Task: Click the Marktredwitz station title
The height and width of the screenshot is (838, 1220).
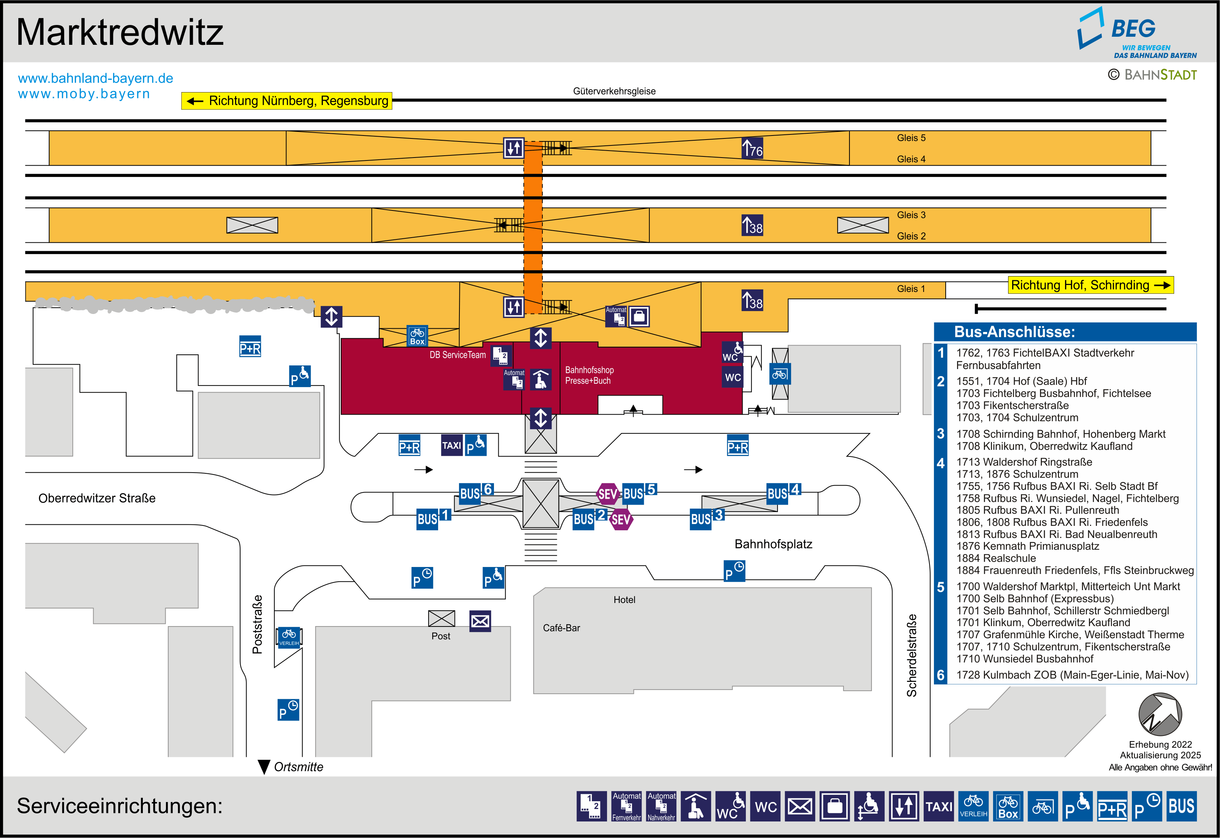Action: (x=120, y=33)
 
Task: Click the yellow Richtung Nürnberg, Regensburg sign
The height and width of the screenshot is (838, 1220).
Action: (x=286, y=101)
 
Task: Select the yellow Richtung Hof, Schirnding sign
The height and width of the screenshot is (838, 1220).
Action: (x=1090, y=285)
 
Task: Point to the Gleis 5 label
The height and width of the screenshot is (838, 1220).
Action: (x=911, y=138)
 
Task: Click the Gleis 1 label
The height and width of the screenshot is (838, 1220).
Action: (x=911, y=289)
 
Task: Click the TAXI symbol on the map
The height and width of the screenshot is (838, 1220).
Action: (x=451, y=445)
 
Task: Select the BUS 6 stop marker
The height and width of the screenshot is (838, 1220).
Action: (x=476, y=492)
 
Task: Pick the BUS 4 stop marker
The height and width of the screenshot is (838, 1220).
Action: (x=783, y=492)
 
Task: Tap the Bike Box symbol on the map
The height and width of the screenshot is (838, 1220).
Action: (x=417, y=336)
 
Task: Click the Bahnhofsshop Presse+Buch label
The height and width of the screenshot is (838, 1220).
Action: (x=589, y=375)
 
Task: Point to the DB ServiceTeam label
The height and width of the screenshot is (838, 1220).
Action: (x=458, y=355)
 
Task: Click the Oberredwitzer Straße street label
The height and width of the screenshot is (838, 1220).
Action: (x=97, y=498)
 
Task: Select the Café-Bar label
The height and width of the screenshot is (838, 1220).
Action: (x=561, y=628)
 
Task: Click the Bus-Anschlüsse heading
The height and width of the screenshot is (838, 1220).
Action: (x=1014, y=332)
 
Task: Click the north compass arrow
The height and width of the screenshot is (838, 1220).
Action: (x=1160, y=714)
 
